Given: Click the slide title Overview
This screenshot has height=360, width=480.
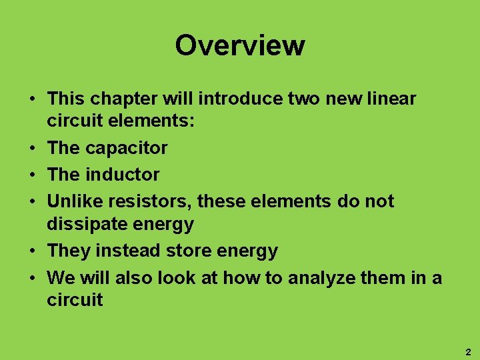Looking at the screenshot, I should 240,45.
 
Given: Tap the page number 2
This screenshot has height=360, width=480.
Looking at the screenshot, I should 468,351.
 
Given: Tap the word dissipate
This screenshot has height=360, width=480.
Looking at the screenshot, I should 81,224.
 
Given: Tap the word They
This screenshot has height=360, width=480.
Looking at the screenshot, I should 68,251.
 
